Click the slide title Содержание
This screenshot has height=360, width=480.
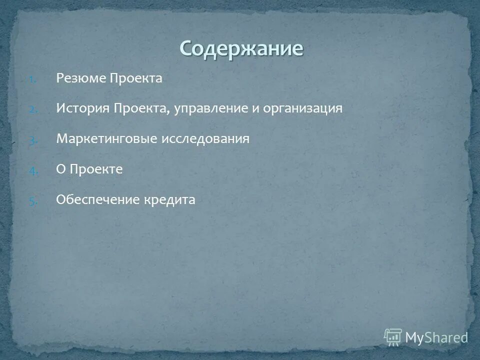[241, 48]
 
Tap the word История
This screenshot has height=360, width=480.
[82, 109]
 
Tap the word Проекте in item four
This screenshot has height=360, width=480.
[96, 169]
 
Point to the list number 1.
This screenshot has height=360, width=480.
[31, 79]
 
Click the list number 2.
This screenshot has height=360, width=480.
[31, 109]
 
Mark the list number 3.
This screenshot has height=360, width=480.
[31, 140]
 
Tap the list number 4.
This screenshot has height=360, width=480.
[31, 170]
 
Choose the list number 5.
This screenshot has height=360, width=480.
[31, 201]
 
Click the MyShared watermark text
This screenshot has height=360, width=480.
[436, 337]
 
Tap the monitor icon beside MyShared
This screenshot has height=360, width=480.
[393, 336]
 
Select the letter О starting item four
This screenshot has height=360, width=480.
[61, 169]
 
